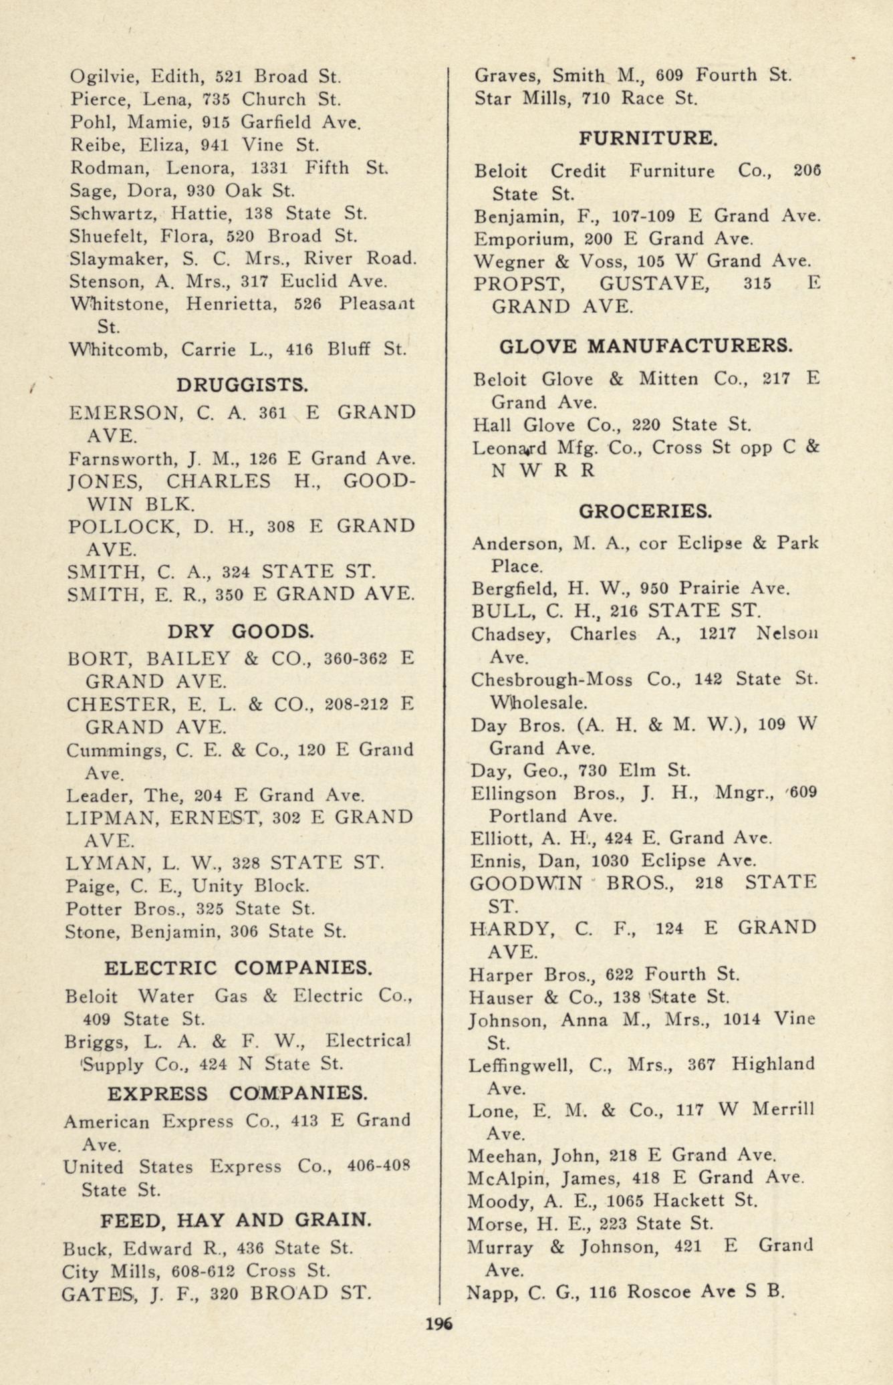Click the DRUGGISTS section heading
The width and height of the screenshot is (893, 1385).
(242, 385)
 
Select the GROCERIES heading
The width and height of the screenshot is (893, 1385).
(645, 511)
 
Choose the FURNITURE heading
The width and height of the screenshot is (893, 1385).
(648, 138)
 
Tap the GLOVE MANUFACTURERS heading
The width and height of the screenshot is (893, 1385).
(646, 346)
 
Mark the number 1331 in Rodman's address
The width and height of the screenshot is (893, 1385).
(270, 168)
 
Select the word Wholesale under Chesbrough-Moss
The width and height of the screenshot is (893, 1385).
(539, 703)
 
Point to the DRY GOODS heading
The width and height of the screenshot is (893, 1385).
(241, 631)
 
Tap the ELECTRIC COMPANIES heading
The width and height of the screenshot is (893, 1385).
(238, 967)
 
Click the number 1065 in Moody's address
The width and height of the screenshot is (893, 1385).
(625, 1201)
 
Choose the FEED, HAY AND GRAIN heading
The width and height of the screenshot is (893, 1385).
(236, 1221)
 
